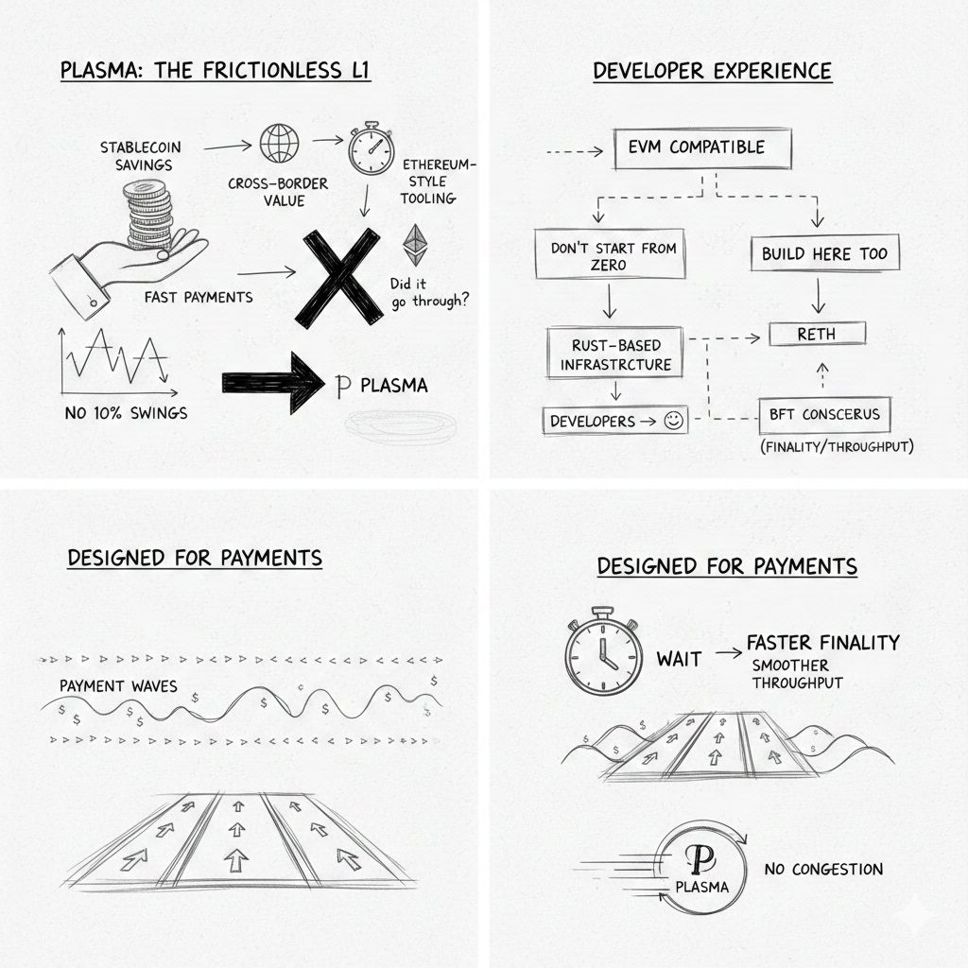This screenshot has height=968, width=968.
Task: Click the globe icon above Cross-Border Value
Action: point(279,144)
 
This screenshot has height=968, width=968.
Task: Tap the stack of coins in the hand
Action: point(148,213)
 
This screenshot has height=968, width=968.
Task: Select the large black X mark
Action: point(338,277)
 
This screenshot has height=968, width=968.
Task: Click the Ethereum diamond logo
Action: point(416,245)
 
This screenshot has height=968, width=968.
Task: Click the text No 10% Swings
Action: point(126,413)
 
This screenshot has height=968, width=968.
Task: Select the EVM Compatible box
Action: point(702,148)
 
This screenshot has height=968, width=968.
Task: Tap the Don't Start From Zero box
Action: point(610,253)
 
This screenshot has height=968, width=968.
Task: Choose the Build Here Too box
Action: point(824,253)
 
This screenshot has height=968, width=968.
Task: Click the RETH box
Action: point(818,334)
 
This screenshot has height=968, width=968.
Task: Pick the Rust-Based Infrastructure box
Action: point(614,353)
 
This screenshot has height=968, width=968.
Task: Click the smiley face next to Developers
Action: point(673,421)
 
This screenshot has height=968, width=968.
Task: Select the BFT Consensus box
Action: point(824,415)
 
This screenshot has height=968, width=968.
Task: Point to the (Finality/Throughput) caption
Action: point(838,446)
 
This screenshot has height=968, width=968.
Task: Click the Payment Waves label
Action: point(118,686)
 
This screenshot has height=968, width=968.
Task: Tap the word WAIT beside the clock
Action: point(679,659)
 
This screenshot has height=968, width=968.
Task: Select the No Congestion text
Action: point(823,870)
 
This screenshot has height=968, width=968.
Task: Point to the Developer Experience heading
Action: point(712,71)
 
